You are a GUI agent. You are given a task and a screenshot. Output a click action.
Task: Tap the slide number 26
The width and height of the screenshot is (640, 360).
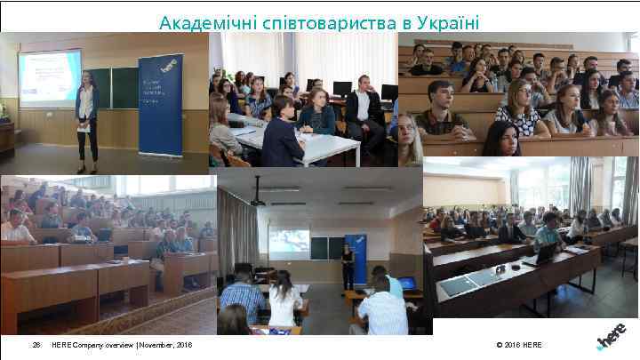(x=36, y=345)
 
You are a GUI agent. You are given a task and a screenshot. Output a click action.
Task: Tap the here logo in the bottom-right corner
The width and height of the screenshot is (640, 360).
(x=614, y=336)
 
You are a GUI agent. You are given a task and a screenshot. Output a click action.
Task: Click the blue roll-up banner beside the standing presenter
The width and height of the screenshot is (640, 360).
(x=160, y=104)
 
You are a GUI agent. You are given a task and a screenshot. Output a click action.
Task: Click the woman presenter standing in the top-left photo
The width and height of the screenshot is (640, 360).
(x=86, y=120)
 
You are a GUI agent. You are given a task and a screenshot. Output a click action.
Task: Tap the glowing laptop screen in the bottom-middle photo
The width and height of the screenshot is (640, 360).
(x=406, y=284)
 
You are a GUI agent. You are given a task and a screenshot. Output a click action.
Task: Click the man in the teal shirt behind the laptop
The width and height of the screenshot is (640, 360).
(x=548, y=231)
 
